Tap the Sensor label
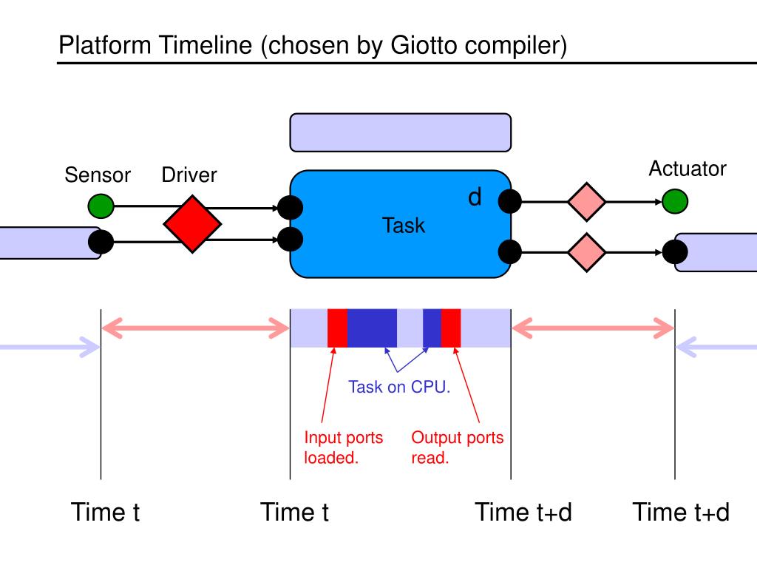coord(98,175)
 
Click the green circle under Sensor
coord(101,206)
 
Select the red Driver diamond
coord(192,224)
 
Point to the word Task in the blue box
coord(404,226)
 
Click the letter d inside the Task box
coord(475,197)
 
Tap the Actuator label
coord(688,169)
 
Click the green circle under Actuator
coord(675,201)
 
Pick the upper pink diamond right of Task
coord(586,202)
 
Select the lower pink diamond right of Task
coord(586,252)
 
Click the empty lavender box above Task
coord(400,133)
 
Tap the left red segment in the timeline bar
coord(337,328)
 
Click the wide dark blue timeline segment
coord(373,328)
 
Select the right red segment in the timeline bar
coord(451,328)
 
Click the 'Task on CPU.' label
coord(399,387)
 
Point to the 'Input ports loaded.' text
coord(343,447)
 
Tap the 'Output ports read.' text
coord(457,447)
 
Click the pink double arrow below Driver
coord(195,328)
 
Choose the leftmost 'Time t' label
coord(105,512)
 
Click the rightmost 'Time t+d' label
coord(681,512)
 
